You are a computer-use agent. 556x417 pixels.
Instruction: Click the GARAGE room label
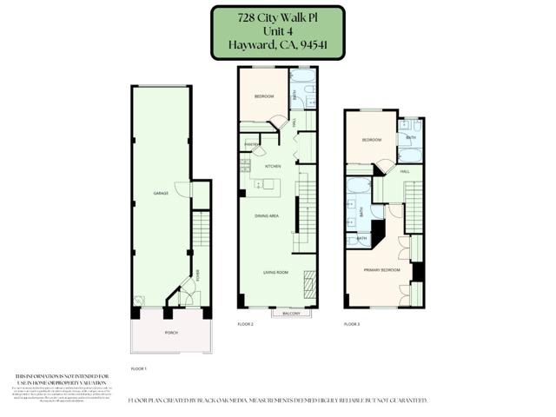coord(161,193)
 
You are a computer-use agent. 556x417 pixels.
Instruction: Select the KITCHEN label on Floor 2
coord(273,166)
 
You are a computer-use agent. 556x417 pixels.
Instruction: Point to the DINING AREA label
coord(266,215)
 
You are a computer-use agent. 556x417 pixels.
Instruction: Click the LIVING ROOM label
coord(276,273)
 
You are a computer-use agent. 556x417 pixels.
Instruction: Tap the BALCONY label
coord(291,313)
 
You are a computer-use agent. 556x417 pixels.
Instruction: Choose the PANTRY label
coord(251,144)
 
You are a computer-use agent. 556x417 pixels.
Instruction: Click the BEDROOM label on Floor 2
coord(264,96)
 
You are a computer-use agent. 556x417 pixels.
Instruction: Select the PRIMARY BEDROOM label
coord(382,270)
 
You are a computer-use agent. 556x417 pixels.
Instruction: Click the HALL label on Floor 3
coord(405,172)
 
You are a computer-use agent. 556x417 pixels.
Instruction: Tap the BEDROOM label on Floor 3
coord(372,140)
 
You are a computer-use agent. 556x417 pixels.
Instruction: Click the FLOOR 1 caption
coord(139,369)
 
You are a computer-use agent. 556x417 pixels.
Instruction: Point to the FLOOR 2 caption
coord(245,324)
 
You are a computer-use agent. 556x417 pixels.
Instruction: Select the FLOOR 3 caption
coord(352,324)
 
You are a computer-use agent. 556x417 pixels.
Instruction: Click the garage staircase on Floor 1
coord(202,230)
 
